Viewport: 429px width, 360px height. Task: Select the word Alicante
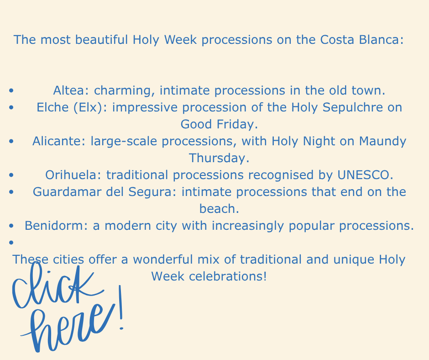59,141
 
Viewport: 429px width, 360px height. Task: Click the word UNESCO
365,175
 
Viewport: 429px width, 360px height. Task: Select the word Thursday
219,158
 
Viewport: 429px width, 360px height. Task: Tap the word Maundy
382,141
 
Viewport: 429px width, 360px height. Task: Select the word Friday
237,124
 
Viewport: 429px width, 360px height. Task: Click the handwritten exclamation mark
120,307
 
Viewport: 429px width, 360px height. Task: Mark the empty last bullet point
11,243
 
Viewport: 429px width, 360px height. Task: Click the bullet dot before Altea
11,90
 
